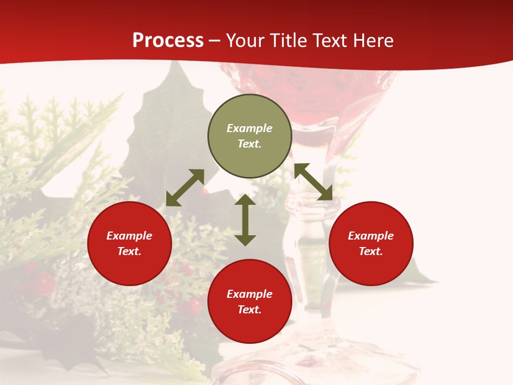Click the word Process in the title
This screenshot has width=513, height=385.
(168, 41)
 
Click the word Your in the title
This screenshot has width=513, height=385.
(245, 41)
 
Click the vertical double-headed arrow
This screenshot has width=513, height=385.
(245, 220)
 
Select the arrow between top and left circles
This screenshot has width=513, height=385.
(185, 188)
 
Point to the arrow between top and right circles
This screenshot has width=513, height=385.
(314, 182)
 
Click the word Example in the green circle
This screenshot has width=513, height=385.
(250, 128)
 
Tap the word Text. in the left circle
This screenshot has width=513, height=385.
(129, 251)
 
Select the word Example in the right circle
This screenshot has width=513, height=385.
(371, 236)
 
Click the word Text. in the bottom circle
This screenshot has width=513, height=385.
(250, 310)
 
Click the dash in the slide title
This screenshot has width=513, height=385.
(215, 41)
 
